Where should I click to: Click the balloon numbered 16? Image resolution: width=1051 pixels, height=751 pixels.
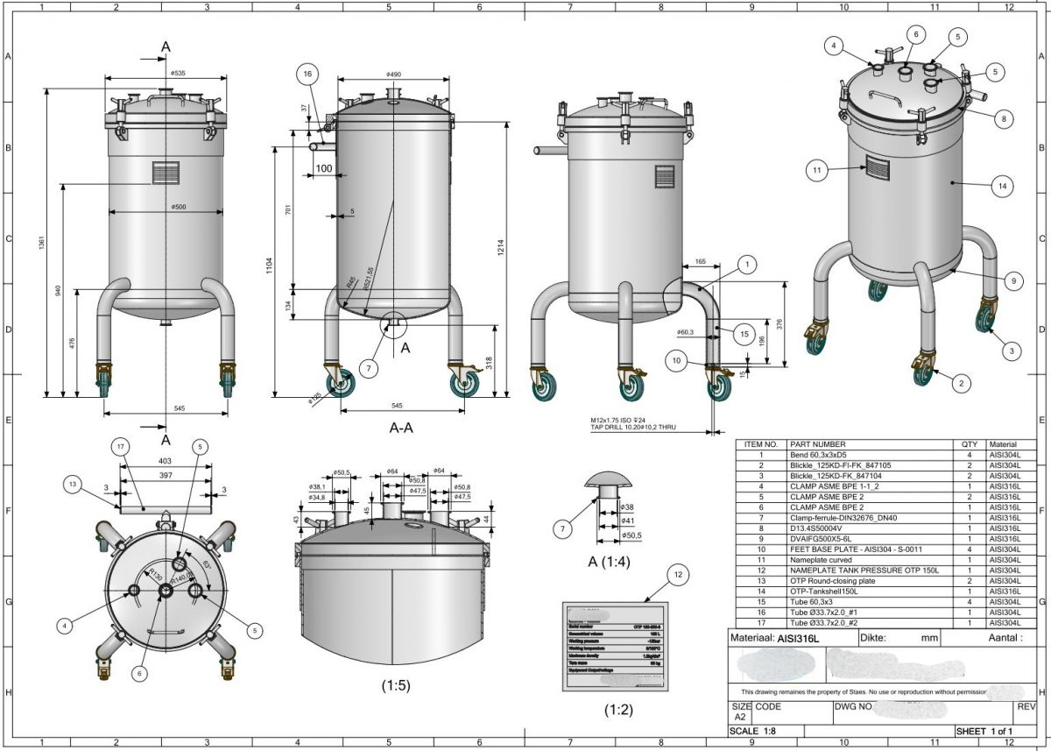tap(307, 74)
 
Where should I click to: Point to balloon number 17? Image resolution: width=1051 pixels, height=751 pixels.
tap(121, 446)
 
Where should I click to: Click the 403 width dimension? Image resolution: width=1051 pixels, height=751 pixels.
tap(165, 460)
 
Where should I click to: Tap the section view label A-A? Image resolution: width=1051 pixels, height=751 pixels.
tap(401, 429)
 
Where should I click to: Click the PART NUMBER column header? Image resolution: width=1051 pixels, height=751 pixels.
tap(817, 444)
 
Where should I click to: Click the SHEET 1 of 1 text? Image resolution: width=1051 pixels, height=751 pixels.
tap(985, 731)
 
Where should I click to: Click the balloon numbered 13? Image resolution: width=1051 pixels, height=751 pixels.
tap(74, 484)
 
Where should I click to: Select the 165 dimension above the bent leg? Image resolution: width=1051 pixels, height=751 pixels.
tap(700, 261)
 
